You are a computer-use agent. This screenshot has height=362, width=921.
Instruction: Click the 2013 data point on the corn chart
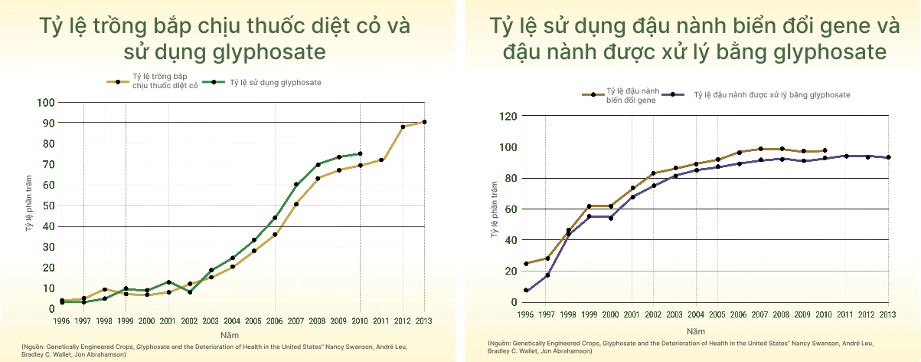pos(425,122)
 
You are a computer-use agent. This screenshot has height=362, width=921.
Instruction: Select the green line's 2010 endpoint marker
pos(360,153)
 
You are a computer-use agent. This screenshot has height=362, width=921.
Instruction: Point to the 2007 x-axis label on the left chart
pos(296,321)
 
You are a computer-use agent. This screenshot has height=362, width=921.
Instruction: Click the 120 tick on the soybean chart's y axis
pos(506,117)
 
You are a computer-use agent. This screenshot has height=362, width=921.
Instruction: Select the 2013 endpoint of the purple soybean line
pos(888,157)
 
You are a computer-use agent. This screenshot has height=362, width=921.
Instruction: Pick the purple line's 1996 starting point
pos(526,291)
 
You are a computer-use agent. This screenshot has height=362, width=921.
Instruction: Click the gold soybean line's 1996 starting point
pos(526,263)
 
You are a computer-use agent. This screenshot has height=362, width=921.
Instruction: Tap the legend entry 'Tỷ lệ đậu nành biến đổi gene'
pos(631,95)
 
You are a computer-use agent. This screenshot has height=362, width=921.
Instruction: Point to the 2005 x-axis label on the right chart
pos(717,314)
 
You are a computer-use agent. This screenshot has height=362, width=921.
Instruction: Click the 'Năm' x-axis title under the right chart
pos(696,331)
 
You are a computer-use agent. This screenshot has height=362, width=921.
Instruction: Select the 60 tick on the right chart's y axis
pos(508,209)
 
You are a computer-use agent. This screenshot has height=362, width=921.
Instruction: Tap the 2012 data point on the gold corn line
pos(403,127)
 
